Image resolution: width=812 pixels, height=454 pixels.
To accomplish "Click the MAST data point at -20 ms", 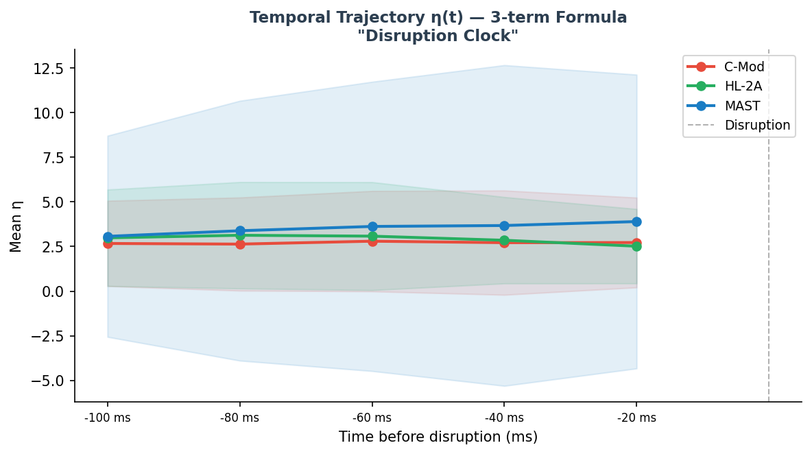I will point(636,222).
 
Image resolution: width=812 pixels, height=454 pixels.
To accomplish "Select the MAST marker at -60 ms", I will point(372,226).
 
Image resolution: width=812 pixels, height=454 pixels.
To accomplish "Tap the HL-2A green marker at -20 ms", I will point(636,246).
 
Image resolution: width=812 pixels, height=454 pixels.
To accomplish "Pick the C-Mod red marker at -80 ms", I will point(240,244).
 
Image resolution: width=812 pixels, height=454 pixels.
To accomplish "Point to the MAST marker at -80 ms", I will point(240,231).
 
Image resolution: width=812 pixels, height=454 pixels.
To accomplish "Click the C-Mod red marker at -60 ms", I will point(372,241).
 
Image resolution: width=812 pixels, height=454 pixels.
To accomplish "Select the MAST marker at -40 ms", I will point(504,226).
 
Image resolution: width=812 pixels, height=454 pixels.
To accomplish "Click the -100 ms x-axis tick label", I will point(108,418).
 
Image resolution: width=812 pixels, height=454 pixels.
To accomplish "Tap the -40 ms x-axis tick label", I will point(504,418).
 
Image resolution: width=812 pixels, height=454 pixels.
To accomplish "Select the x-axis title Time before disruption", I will point(438,437).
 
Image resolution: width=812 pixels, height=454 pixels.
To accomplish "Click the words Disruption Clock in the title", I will point(438,36).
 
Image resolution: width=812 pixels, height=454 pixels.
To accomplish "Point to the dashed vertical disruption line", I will point(768,274).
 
